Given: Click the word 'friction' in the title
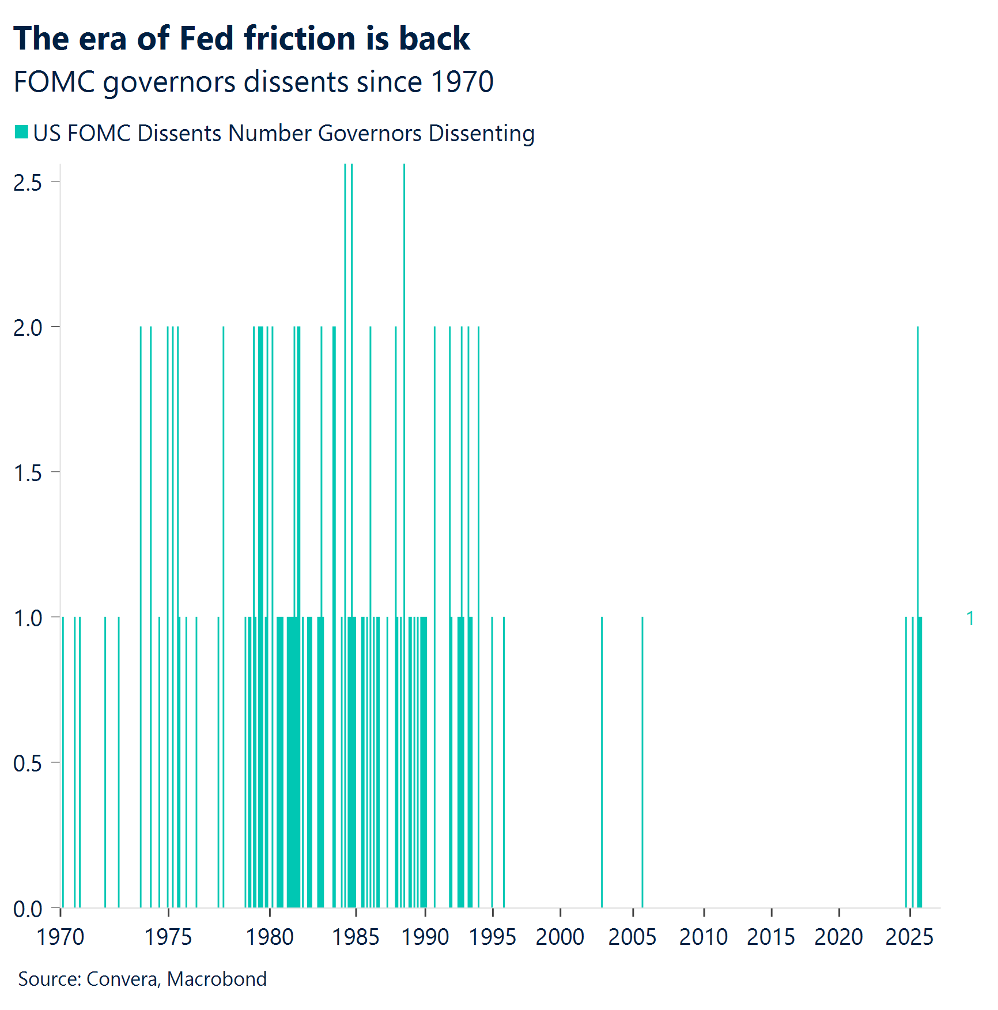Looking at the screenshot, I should pyautogui.click(x=299, y=39).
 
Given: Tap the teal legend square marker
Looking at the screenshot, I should pyautogui.click(x=21, y=132).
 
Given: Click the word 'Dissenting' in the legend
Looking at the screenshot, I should pyautogui.click(x=481, y=133).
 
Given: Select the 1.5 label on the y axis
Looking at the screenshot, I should pyautogui.click(x=28, y=472).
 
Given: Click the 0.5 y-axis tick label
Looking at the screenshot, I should pyautogui.click(x=28, y=763).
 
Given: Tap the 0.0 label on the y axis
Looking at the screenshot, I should pyautogui.click(x=28, y=909).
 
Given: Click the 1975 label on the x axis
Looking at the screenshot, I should pyautogui.click(x=168, y=937).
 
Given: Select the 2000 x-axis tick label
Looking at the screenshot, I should pyautogui.click(x=560, y=937).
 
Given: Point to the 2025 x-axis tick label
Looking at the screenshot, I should pyautogui.click(x=909, y=937).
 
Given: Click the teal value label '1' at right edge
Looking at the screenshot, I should pyautogui.click(x=970, y=618).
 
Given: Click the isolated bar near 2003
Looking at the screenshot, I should pyautogui.click(x=602, y=761).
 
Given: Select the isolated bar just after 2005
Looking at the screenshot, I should pyautogui.click(x=642, y=761).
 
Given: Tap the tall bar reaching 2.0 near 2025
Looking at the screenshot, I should pyautogui.click(x=917, y=461).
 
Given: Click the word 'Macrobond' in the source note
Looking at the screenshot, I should pyautogui.click(x=217, y=979).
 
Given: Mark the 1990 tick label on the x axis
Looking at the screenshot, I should pyautogui.click(x=425, y=937).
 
